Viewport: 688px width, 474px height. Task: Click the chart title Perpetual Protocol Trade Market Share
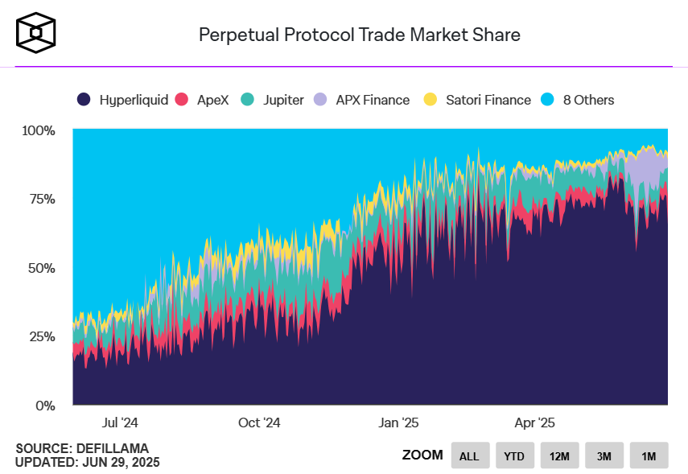(359, 35)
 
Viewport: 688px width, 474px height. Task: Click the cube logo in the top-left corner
(36, 32)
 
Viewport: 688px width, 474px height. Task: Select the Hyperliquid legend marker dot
(84, 100)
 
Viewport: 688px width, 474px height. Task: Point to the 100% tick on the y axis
(38, 130)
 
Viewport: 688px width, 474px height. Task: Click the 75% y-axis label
(40, 199)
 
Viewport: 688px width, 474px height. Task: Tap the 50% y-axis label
(40, 268)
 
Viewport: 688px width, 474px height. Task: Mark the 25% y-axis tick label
(40, 336)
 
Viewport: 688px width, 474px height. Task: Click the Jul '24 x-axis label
(121, 422)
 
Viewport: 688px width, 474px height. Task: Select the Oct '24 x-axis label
(259, 422)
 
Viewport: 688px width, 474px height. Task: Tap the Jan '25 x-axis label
(398, 422)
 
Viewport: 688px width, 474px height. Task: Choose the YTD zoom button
(514, 456)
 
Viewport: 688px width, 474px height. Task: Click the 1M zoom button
(649, 456)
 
